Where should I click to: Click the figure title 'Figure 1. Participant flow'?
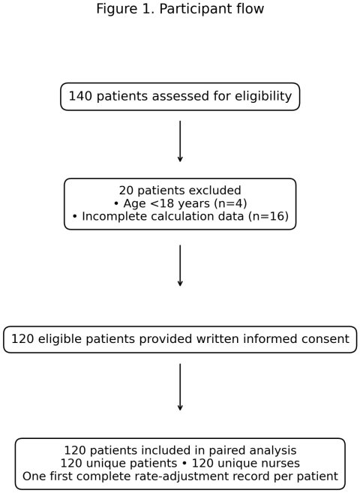tap(180, 9)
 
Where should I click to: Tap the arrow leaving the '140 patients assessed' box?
tap(180, 141)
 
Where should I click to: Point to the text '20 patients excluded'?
tap(180, 190)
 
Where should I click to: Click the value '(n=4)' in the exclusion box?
tap(230, 203)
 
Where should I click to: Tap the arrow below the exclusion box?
tap(180, 266)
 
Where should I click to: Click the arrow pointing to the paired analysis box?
tap(180, 387)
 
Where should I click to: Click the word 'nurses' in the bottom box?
tap(281, 463)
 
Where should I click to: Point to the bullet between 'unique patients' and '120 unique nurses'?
tap(184, 464)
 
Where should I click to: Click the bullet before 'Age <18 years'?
tap(116, 204)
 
